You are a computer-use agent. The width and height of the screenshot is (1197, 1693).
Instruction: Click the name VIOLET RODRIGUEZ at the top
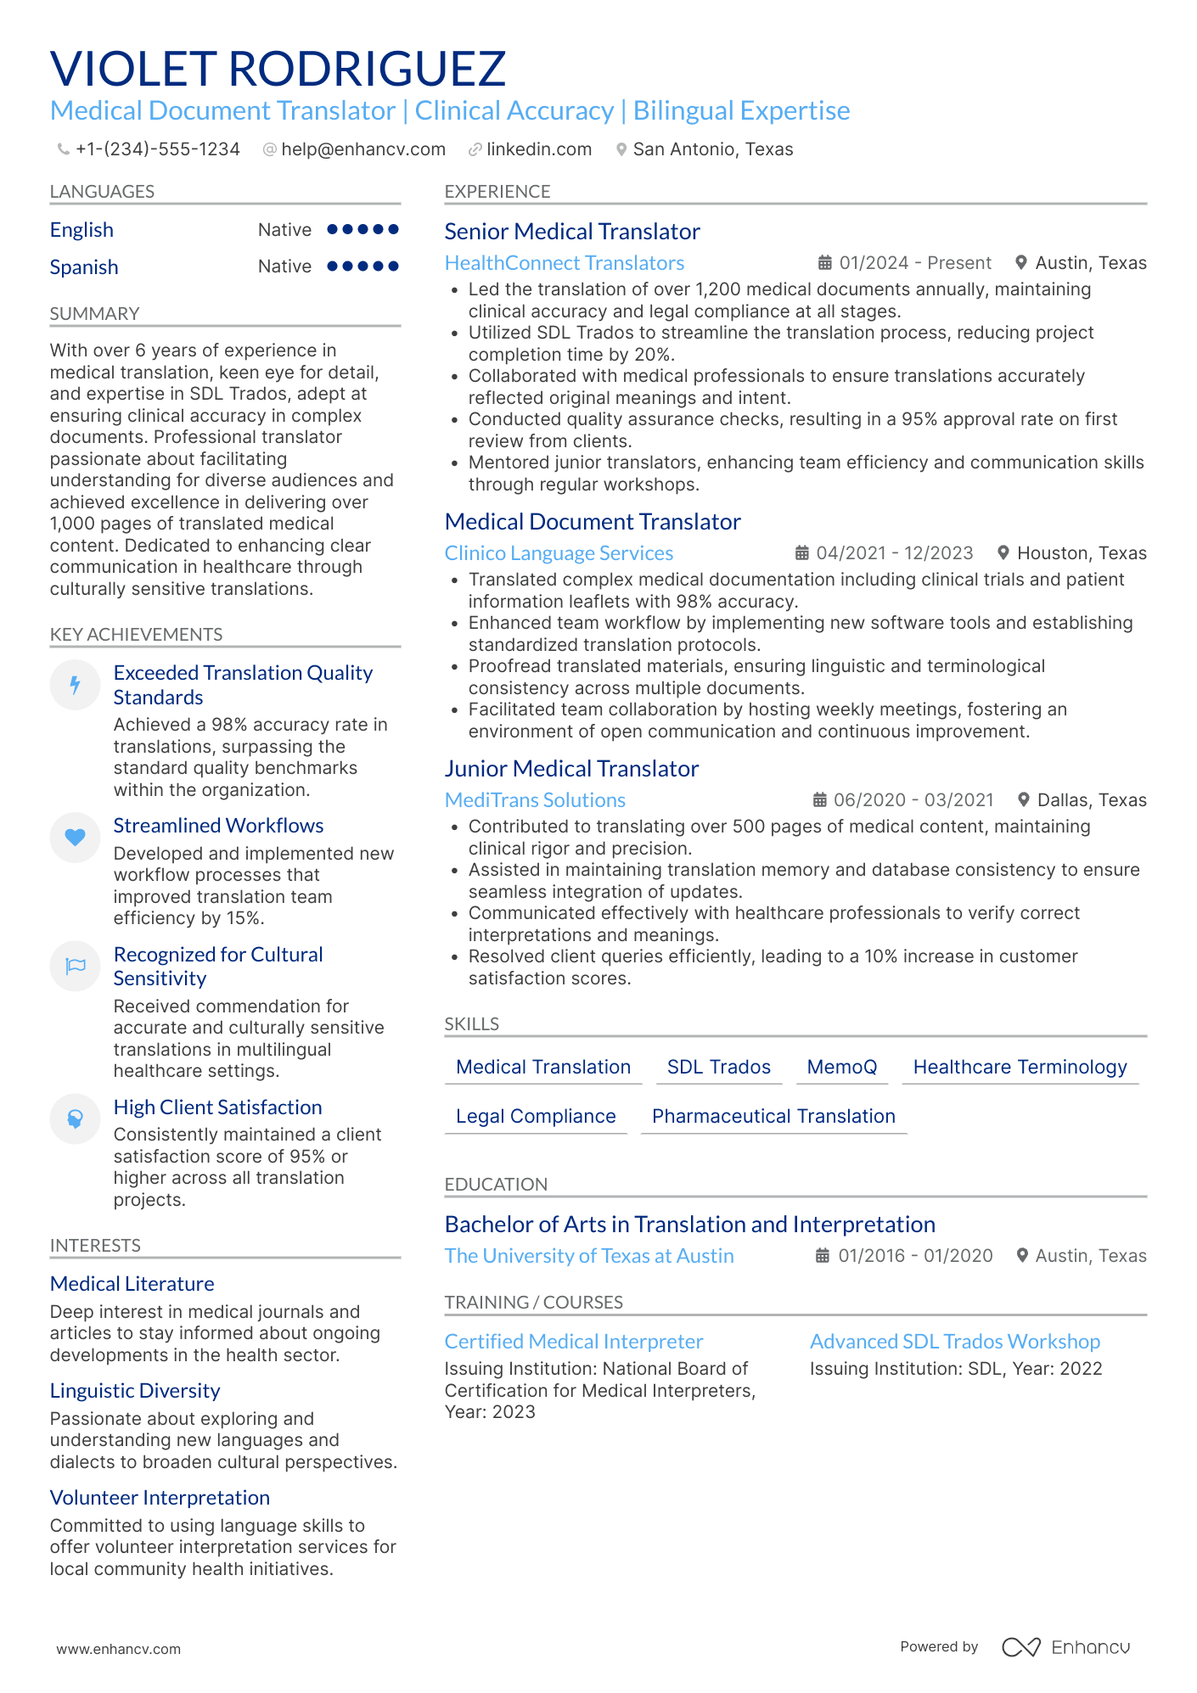(278, 69)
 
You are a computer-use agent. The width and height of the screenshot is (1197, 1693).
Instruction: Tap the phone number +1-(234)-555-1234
(157, 149)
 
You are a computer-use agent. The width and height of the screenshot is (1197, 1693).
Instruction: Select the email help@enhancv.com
(362, 149)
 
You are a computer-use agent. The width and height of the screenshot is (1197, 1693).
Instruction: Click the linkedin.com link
(538, 149)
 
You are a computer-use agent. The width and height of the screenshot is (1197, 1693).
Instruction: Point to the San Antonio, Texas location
(712, 149)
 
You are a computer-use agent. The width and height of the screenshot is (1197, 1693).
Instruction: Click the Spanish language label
(84, 267)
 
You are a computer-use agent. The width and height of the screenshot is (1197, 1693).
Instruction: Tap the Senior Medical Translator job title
(571, 232)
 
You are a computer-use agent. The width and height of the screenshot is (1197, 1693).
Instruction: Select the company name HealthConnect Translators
(564, 263)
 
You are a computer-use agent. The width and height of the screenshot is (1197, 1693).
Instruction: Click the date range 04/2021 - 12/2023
(894, 553)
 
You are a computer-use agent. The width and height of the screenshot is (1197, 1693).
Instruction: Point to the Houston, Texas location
(1081, 553)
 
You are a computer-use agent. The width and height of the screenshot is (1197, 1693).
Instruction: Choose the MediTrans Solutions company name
(535, 800)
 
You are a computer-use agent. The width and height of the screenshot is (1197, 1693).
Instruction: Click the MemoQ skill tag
(841, 1067)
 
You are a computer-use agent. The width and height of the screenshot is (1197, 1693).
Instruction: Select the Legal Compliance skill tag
(536, 1116)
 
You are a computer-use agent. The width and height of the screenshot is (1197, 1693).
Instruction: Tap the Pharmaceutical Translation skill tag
(773, 1116)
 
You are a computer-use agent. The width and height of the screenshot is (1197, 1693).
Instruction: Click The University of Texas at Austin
(589, 1256)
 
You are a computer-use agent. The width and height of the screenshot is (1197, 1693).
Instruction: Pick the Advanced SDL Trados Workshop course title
(954, 1342)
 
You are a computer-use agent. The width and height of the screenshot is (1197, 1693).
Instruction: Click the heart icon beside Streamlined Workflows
(76, 838)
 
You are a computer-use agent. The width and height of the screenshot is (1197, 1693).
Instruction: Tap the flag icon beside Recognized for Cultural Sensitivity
(76, 966)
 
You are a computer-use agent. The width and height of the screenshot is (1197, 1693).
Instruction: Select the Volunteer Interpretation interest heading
(160, 1498)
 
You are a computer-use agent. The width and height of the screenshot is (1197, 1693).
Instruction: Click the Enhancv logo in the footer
(1066, 1647)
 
